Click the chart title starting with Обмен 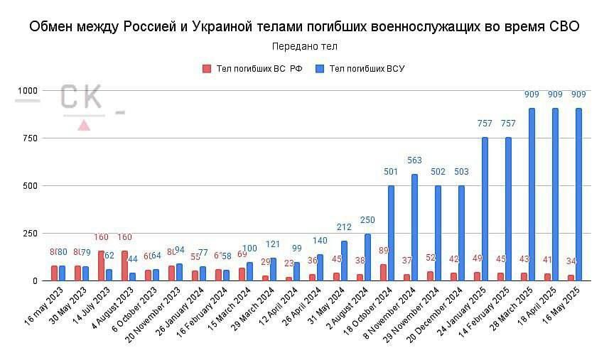click(x=304, y=27)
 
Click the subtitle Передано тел click(x=304, y=46)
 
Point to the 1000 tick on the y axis click(x=26, y=91)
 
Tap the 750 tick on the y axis click(x=29, y=138)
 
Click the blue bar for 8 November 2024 click(x=414, y=227)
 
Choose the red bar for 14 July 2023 click(x=102, y=266)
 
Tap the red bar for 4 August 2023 click(x=125, y=266)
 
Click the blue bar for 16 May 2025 click(x=578, y=195)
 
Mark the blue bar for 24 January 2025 click(x=485, y=209)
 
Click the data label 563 click(x=414, y=160)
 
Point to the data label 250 click(x=367, y=220)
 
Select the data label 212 click(x=344, y=227)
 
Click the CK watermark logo click(x=80, y=99)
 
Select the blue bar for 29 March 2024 click(x=274, y=269)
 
